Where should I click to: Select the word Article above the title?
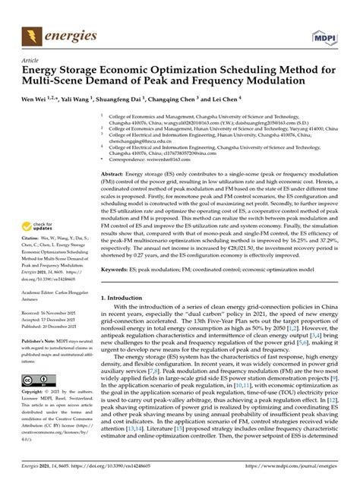[30, 61]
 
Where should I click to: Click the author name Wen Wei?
[36, 99]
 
